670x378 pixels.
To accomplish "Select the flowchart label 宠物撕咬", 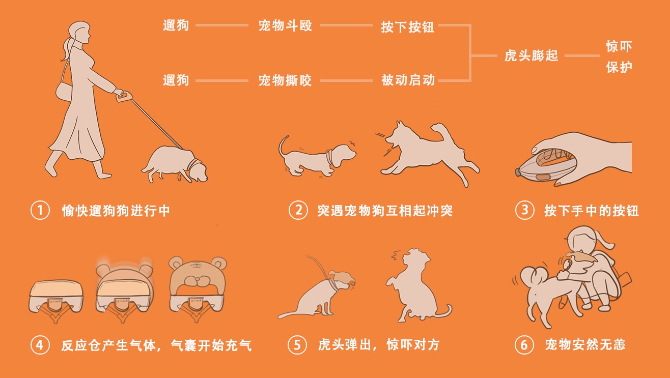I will coord(285,80).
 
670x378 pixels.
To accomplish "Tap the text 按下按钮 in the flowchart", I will coord(407,26).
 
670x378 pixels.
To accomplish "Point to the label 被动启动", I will coord(408,80).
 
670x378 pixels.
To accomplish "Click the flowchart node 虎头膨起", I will coord(531,55).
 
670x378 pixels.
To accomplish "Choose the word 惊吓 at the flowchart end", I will coord(619,47).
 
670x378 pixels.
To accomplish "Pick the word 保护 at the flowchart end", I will coord(619,67).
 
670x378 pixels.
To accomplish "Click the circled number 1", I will coord(39,210).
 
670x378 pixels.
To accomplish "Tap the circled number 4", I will coord(39,345).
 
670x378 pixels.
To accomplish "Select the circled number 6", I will coord(524,345).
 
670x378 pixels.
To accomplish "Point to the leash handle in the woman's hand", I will coord(123,96).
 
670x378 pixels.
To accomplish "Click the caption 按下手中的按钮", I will coord(591,210).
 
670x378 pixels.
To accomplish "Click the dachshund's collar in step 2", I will coord(330,156).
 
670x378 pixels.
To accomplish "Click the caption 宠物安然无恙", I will coord(584,345).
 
